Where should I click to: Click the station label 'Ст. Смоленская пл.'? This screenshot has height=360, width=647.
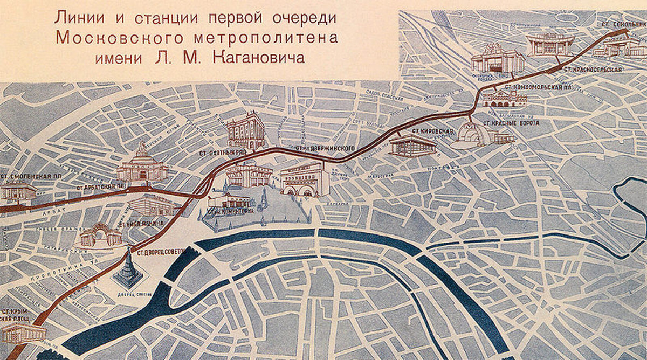click(x=30, y=176)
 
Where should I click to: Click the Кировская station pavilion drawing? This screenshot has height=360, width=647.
click(x=412, y=145)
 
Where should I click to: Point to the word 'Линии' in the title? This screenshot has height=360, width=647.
click(x=77, y=17)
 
